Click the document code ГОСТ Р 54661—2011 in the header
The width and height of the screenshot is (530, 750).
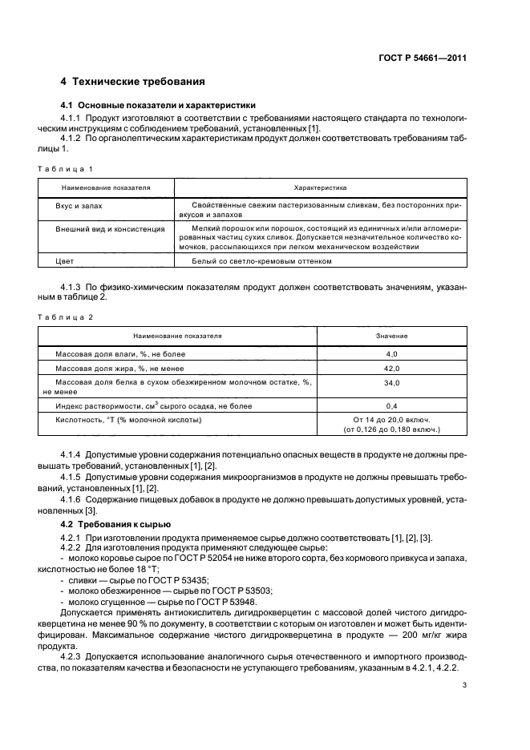[x=423, y=58]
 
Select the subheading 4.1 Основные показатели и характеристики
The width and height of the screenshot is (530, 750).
[x=158, y=105]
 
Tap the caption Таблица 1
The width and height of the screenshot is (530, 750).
[x=67, y=169]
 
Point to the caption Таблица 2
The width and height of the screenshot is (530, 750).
[x=67, y=317]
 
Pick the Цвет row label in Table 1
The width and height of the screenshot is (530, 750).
[x=64, y=261]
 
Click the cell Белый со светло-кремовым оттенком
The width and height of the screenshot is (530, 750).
[x=261, y=261]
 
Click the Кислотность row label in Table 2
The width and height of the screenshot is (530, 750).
[x=127, y=420]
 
